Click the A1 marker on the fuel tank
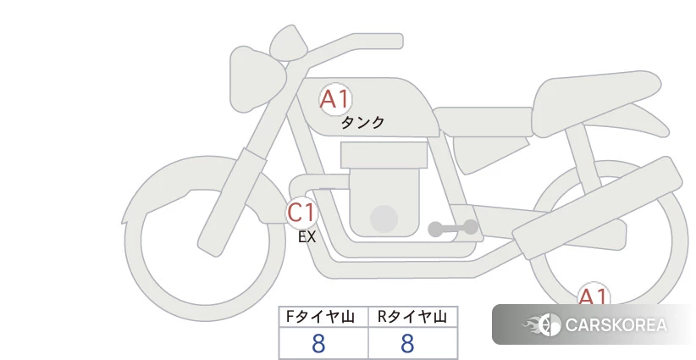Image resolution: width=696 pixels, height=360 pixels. click(x=335, y=99)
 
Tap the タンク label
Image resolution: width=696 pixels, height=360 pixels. click(x=362, y=122)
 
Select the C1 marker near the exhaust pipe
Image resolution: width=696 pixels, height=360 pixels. click(x=301, y=212)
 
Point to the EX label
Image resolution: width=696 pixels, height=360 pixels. click(x=307, y=237)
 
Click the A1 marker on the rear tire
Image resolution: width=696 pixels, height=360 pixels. click(x=594, y=295)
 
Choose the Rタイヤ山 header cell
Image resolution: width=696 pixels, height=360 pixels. click(x=413, y=317)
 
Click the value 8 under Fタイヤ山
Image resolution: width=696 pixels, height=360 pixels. click(x=318, y=344)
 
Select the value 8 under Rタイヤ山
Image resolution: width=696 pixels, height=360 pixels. click(x=407, y=344)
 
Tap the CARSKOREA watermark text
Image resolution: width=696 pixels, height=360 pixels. click(x=616, y=325)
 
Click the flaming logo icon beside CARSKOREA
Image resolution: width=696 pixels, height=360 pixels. click(x=542, y=324)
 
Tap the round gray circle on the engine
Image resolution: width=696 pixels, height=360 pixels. click(x=384, y=219)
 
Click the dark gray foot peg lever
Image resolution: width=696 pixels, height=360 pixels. click(x=453, y=228)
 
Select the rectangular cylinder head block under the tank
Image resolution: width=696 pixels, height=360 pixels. click(x=384, y=155)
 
